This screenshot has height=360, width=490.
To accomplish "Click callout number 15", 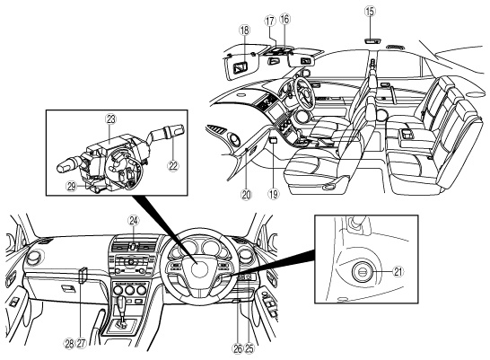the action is (370, 12).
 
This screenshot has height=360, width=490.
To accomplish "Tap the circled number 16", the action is (284, 19).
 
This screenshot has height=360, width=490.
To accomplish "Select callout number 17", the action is (270, 22).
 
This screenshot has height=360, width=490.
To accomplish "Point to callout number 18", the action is (244, 30).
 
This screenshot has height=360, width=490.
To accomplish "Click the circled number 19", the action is (273, 195).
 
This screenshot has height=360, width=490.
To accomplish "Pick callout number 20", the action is (246, 195).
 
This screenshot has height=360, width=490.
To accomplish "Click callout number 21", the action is (398, 271).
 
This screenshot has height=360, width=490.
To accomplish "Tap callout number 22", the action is (173, 165).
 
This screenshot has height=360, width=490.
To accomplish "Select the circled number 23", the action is (111, 119).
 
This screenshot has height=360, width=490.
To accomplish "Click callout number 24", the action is (133, 221).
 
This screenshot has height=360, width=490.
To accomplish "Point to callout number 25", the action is (249, 348).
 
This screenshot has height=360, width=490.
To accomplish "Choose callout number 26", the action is (238, 348).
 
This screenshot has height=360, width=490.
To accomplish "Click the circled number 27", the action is (81, 344).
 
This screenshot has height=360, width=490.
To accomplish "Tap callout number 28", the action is (69, 344).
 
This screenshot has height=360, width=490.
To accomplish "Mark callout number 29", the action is (72, 187).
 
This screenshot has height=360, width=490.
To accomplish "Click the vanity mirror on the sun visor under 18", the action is (240, 67).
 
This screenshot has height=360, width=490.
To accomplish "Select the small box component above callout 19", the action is (273, 140).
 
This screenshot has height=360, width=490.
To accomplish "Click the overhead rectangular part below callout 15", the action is (372, 40).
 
